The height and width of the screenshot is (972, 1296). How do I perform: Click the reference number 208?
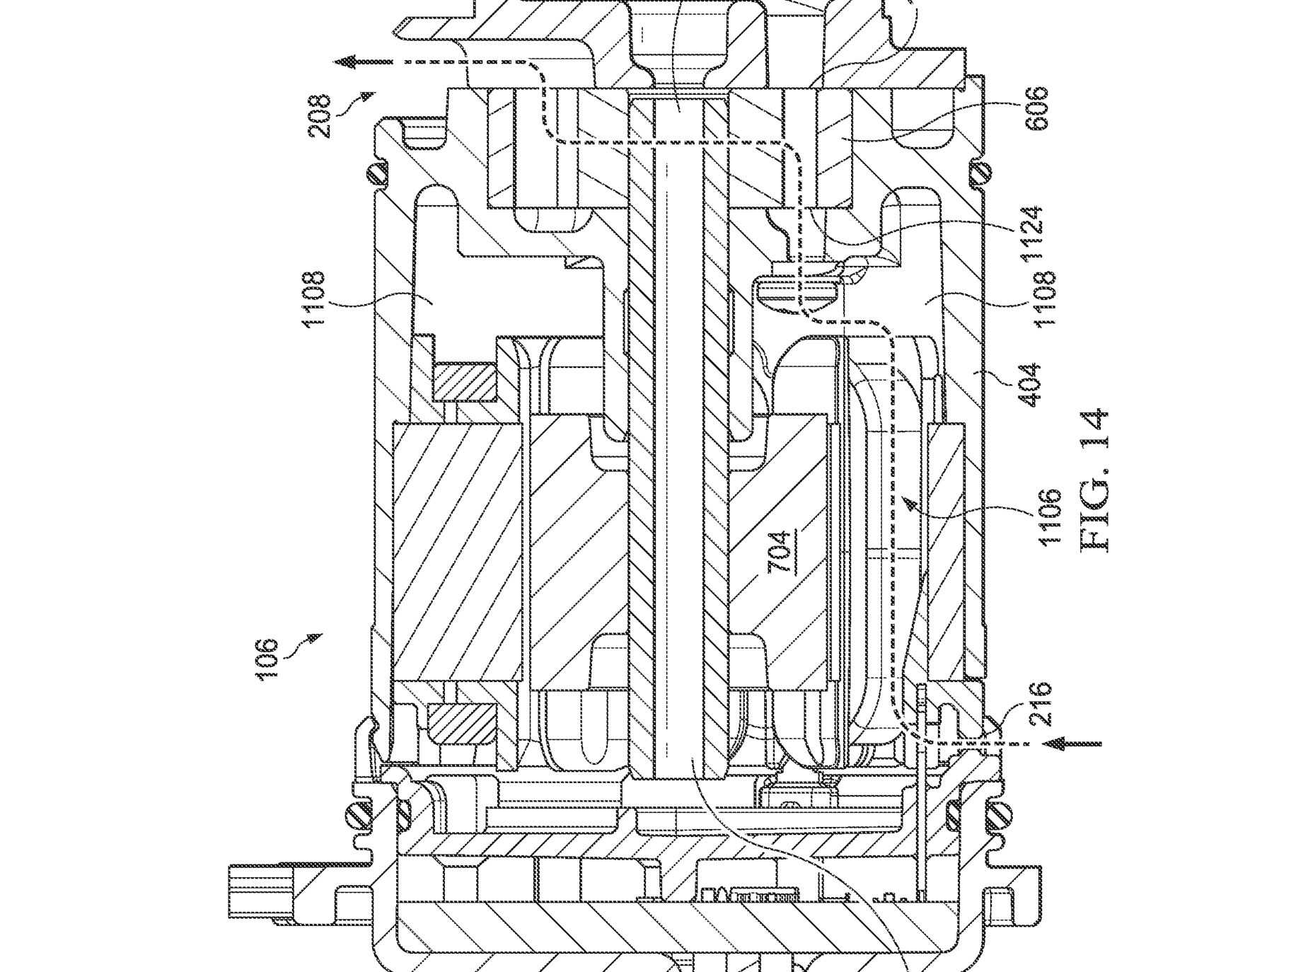[x=320, y=116]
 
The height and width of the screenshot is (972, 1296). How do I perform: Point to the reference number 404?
[x=1032, y=383]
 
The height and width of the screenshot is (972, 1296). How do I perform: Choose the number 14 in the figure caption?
[x=1094, y=430]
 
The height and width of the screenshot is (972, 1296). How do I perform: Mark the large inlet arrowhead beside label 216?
[x=1056, y=743]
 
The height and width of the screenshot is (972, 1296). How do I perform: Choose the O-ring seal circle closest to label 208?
[x=376, y=172]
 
